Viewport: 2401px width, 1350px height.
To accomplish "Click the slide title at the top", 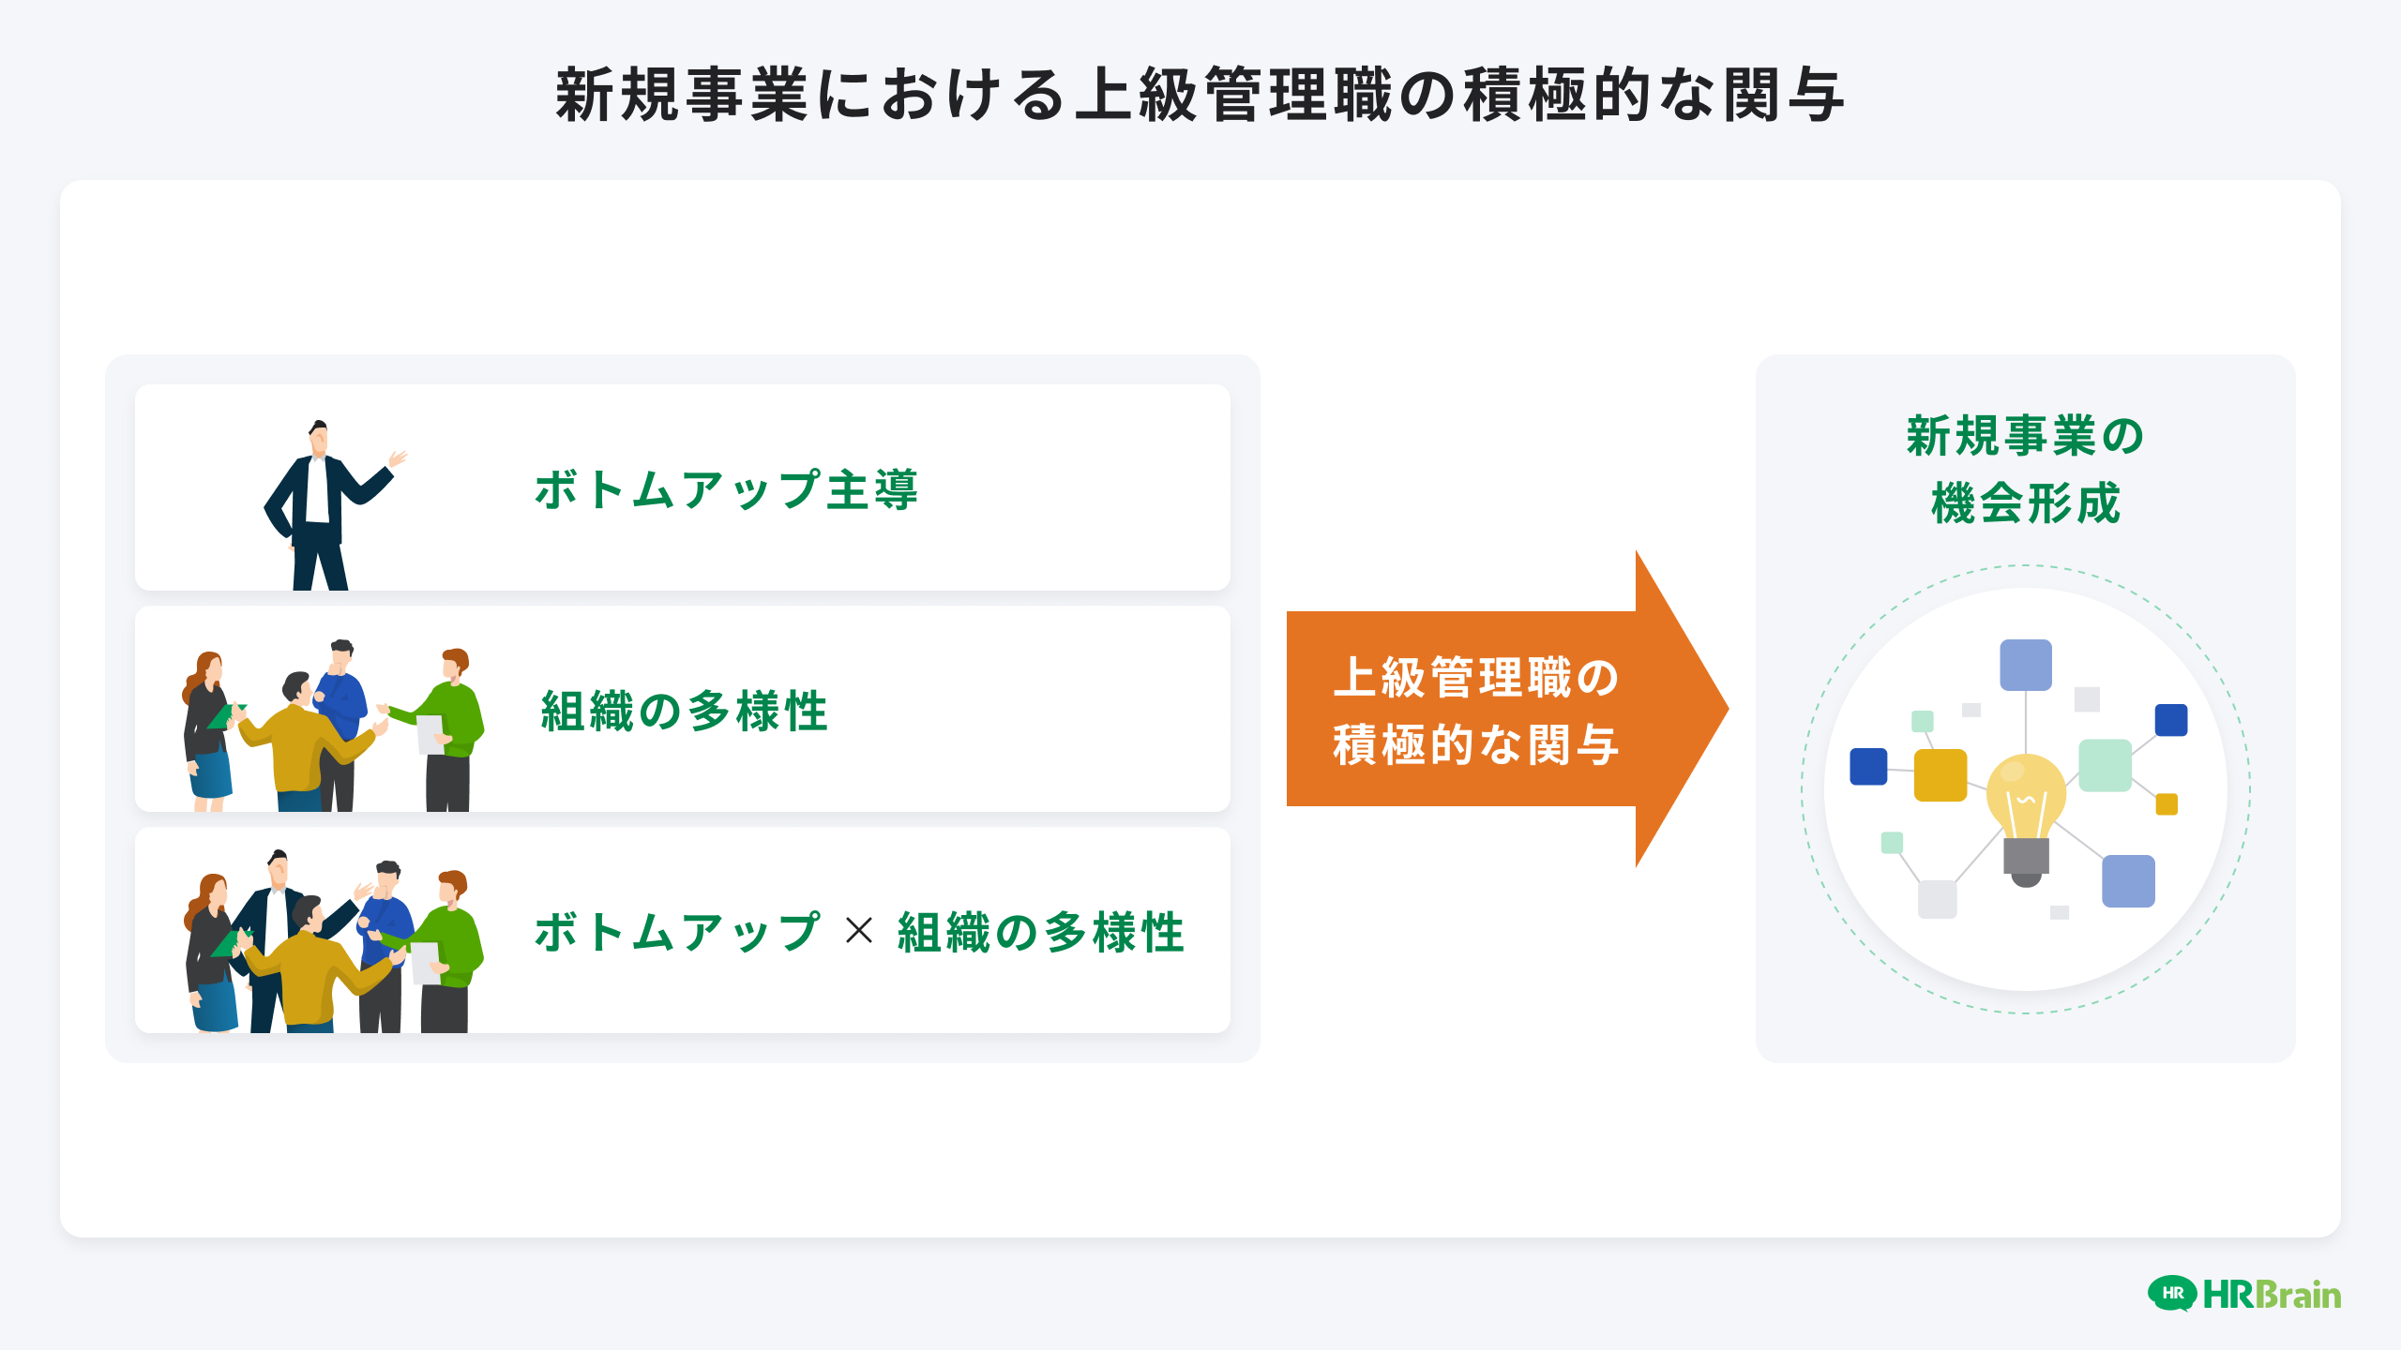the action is tap(1200, 96).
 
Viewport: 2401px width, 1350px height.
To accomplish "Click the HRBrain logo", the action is tap(2243, 1295).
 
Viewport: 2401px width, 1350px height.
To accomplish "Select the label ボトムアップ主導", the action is tap(726, 490).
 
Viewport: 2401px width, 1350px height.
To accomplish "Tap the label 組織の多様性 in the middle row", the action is tap(684, 711).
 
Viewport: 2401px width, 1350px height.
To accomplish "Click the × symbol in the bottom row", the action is tap(858, 931).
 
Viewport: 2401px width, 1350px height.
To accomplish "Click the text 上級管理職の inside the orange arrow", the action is tap(1475, 677).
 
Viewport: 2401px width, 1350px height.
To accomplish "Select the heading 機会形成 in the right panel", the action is tap(2025, 503).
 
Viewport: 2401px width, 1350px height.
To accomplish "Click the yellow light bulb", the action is tap(2026, 797).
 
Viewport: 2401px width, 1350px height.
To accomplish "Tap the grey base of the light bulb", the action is tap(2026, 858).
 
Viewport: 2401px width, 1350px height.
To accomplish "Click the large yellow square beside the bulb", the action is tap(1940, 775).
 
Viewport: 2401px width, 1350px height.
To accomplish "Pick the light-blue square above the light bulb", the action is tap(2026, 665).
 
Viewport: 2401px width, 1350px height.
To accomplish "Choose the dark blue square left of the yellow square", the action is tap(1868, 766).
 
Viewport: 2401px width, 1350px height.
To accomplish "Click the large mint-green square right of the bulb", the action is tap(2105, 765).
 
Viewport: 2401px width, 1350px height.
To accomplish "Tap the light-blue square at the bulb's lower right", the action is tap(2128, 881).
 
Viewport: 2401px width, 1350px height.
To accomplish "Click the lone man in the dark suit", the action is tap(318, 506).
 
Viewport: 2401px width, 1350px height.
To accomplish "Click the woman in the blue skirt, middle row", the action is tap(207, 731).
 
